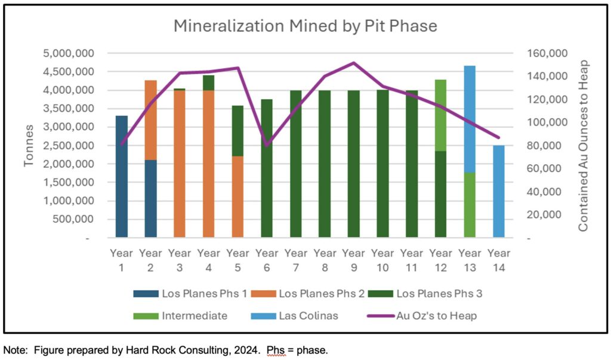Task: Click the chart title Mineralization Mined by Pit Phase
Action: pyautogui.click(x=305, y=26)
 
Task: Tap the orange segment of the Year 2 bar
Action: pyautogui.click(x=150, y=120)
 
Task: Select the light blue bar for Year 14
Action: pyautogui.click(x=498, y=191)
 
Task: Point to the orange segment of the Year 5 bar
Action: pyautogui.click(x=237, y=197)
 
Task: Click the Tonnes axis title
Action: pyautogui.click(x=29, y=146)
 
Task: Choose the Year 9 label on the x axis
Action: pyautogui.click(x=353, y=260)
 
